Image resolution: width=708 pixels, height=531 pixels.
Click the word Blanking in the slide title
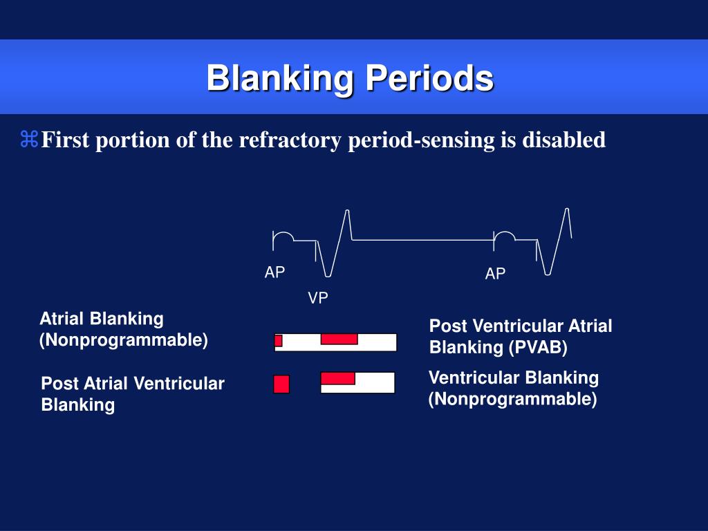[280, 79]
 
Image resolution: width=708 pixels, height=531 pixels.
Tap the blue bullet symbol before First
[29, 139]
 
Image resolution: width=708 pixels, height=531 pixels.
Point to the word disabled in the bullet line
[564, 139]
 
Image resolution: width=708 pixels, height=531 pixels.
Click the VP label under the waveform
[318, 298]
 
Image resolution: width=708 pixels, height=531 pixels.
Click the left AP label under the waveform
[274, 272]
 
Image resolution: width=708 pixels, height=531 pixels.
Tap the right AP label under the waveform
[495, 273]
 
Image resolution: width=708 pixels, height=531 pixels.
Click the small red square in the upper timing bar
[279, 340]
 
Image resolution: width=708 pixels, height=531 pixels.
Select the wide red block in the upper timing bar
[339, 339]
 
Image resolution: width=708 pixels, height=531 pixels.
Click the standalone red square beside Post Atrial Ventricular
[281, 384]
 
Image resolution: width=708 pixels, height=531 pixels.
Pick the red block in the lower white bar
[337, 378]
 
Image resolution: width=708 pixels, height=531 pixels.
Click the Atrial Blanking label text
[102, 319]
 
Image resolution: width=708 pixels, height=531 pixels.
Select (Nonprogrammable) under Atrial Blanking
[124, 339]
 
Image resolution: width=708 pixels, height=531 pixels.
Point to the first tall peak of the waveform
[347, 211]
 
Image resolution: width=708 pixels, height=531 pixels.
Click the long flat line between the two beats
[422, 240]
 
